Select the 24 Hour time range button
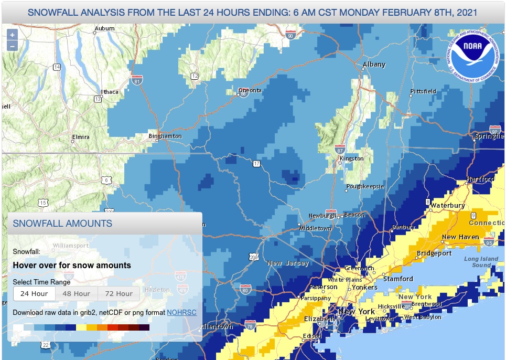(34, 293)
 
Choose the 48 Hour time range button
(76, 293)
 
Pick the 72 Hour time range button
(119, 293)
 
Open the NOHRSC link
(181, 312)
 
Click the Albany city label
(374, 65)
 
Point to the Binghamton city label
(165, 136)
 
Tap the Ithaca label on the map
(110, 92)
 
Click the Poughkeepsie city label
(365, 186)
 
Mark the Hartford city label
(480, 179)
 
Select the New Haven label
(460, 237)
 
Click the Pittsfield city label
(423, 91)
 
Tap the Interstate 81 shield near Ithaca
(137, 81)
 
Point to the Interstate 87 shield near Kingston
(339, 149)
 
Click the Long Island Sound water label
(478, 262)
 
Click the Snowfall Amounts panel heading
(62, 223)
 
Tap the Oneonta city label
(250, 90)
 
